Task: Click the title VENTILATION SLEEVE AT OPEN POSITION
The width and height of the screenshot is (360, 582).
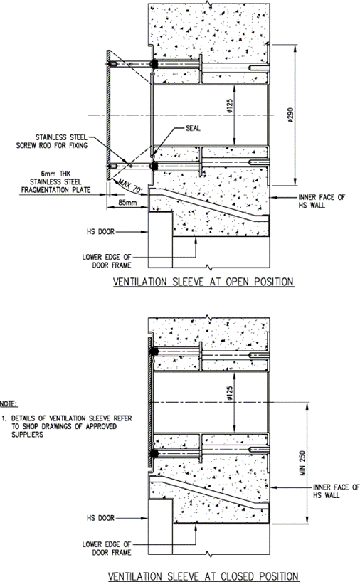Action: pyautogui.click(x=203, y=282)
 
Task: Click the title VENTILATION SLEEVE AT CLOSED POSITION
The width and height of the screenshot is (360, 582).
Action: pyautogui.click(x=203, y=576)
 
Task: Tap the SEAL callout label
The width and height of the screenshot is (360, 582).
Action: pyautogui.click(x=193, y=129)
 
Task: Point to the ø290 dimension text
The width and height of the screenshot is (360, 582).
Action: pyautogui.click(x=290, y=116)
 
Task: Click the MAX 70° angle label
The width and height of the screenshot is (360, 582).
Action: pyautogui.click(x=131, y=186)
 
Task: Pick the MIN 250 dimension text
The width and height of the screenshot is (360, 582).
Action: pyautogui.click(x=302, y=463)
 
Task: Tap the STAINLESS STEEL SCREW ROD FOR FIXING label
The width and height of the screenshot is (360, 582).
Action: pyautogui.click(x=52, y=142)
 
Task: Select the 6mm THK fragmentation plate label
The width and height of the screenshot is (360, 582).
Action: pyautogui.click(x=55, y=182)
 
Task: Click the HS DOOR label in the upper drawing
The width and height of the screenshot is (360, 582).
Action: pyautogui.click(x=100, y=232)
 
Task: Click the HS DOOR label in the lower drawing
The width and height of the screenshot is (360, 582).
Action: pyautogui.click(x=100, y=518)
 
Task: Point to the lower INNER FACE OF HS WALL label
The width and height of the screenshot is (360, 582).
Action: pyautogui.click(x=337, y=491)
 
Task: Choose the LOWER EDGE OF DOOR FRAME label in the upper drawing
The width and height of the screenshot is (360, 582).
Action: pyautogui.click(x=107, y=261)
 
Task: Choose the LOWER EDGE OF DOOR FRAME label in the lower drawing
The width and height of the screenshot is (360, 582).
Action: pyautogui.click(x=107, y=549)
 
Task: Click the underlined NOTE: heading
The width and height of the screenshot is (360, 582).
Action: pyautogui.click(x=9, y=404)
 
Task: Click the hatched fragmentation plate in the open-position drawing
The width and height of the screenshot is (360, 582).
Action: pyautogui.click(x=107, y=115)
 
